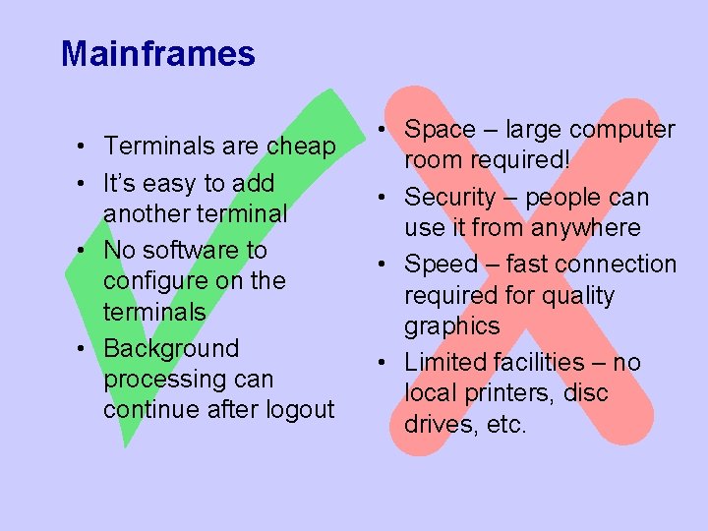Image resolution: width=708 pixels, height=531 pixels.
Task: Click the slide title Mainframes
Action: click(x=157, y=53)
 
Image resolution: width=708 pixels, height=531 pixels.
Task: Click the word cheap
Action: click(x=301, y=147)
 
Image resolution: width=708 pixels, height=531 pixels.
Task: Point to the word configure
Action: click(x=151, y=281)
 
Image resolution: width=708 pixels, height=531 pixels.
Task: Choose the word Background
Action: click(x=171, y=348)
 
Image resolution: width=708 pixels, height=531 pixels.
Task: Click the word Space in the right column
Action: click(x=440, y=130)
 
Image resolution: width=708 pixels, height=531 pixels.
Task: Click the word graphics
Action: click(x=451, y=326)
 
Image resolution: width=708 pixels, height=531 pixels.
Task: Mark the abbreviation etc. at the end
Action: click(x=507, y=425)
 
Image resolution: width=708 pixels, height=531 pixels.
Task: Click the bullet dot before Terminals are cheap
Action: click(x=88, y=147)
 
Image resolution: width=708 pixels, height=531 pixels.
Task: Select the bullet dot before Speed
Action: click(x=389, y=265)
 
